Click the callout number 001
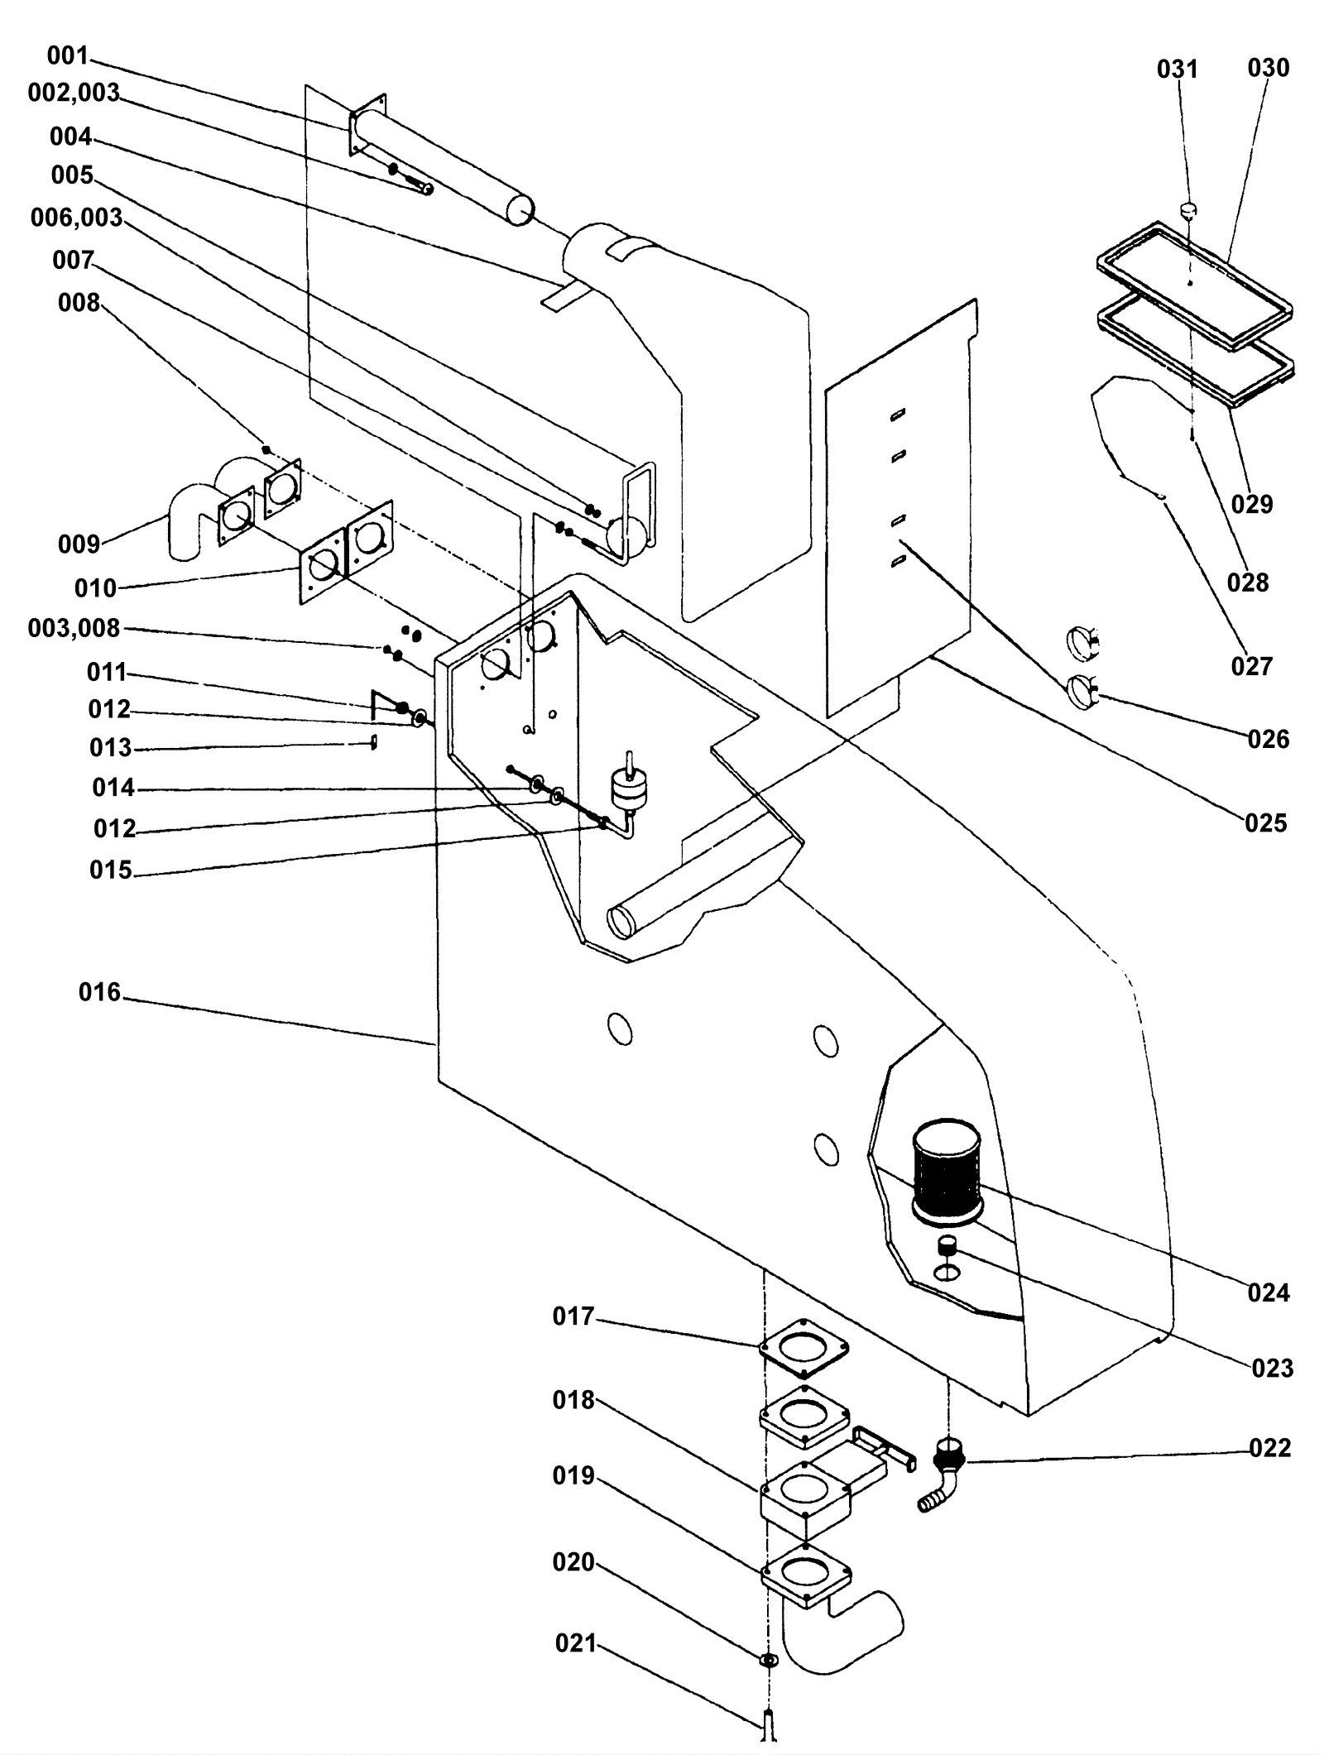click(67, 55)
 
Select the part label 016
click(99, 991)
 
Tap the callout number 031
click(1177, 69)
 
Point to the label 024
click(1269, 1292)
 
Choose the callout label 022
click(1270, 1447)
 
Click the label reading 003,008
click(74, 628)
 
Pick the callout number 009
click(79, 544)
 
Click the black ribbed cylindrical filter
click(946, 1169)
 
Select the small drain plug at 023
click(947, 1244)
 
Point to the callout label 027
click(1251, 665)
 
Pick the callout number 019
click(573, 1475)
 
